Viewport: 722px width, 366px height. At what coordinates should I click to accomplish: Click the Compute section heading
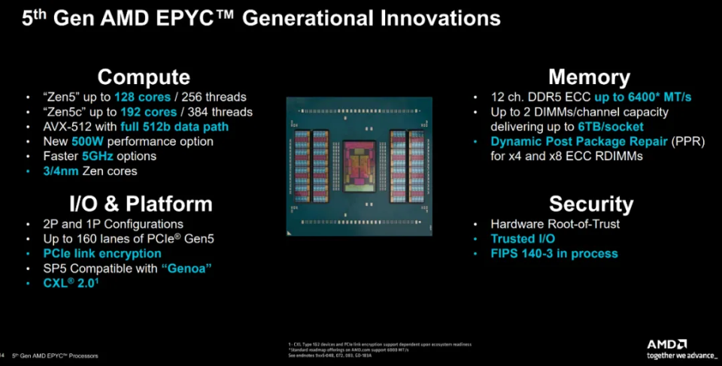point(143,77)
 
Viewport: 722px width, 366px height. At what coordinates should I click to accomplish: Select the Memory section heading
point(589,77)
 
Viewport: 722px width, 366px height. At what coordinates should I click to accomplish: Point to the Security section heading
point(590,204)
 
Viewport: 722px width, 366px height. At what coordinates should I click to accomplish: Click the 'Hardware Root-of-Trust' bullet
point(555,224)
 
